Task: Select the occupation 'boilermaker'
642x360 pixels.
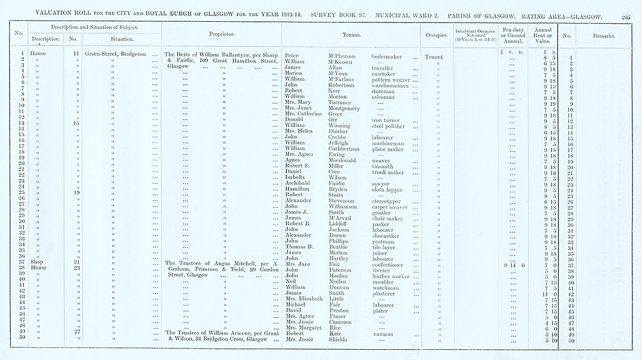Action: coord(386,56)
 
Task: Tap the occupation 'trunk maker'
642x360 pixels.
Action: coord(387,172)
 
